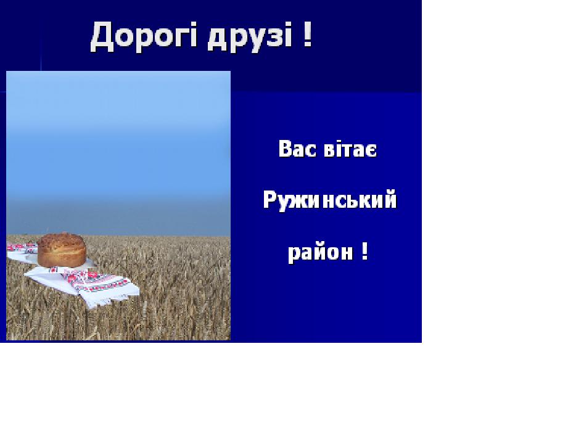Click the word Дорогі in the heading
(x=144, y=36)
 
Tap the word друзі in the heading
(x=250, y=37)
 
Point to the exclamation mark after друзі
(x=307, y=34)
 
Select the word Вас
(x=297, y=149)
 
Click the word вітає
(x=350, y=149)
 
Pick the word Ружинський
(x=330, y=200)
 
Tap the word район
(x=320, y=252)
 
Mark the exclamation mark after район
(x=365, y=251)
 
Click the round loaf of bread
(x=62, y=250)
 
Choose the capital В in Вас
(x=285, y=149)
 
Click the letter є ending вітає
(x=371, y=150)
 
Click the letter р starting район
(x=294, y=255)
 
